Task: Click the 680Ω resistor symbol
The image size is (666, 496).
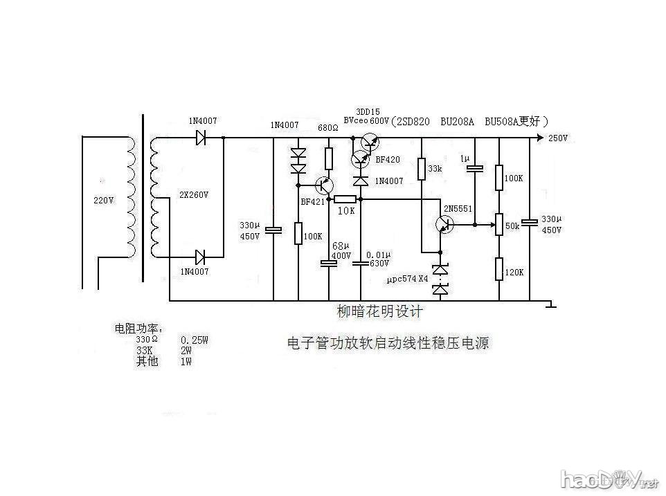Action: [x=329, y=158]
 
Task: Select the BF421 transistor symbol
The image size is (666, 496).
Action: [x=323, y=185]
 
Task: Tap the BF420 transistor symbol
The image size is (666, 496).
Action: [x=359, y=160]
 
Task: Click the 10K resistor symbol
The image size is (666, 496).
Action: [x=345, y=199]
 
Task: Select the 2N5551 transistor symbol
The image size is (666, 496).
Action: [x=444, y=224]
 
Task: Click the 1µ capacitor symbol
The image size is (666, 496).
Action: [x=476, y=169]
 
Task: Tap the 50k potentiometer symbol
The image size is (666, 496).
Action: [x=498, y=224]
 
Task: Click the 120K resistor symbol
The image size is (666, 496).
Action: [x=499, y=268]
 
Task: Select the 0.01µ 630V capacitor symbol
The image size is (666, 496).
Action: [x=361, y=263]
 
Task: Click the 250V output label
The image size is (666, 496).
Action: [x=558, y=138]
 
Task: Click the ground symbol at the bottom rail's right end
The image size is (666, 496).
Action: [x=550, y=304]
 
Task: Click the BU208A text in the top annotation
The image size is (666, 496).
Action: [x=457, y=121]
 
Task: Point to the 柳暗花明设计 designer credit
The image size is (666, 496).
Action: [x=379, y=311]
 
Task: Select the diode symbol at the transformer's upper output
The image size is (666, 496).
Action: [x=201, y=138]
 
